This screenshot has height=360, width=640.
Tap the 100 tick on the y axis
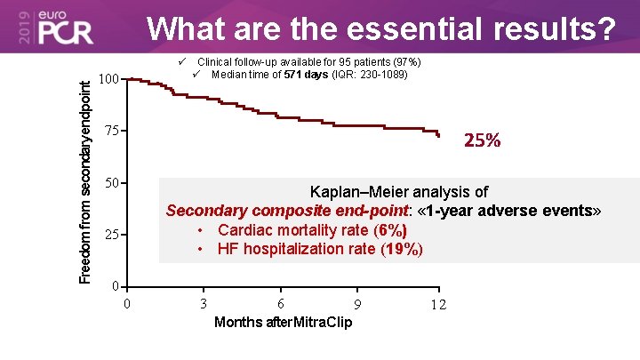click(x=109, y=80)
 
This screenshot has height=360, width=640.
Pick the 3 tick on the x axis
click(x=204, y=303)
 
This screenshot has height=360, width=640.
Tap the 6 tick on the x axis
click(x=281, y=303)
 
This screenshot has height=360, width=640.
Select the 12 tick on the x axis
click(x=436, y=305)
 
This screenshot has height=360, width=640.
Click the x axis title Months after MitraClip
click(x=283, y=322)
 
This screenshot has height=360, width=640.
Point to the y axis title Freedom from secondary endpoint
click(x=84, y=181)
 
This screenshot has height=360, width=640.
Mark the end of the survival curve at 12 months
click(x=438, y=135)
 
